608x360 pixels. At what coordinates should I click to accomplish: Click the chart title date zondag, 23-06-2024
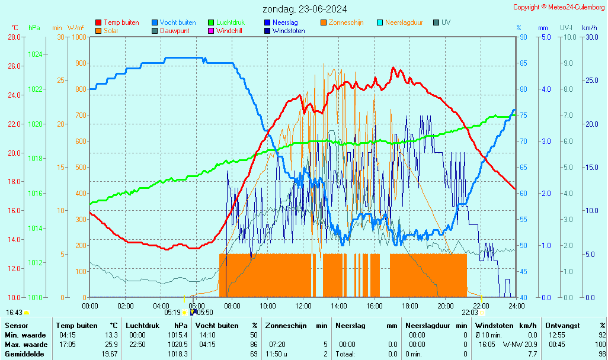click(x=305, y=9)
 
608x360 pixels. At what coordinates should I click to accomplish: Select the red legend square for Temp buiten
click(x=98, y=22)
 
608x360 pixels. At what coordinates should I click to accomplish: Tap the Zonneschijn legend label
click(x=345, y=22)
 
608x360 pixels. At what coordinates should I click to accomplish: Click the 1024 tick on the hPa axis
click(x=35, y=54)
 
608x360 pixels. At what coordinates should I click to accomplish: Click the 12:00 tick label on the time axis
click(x=303, y=306)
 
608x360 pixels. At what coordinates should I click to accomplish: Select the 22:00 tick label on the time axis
click(x=481, y=306)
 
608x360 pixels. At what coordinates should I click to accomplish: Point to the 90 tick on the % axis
click(x=523, y=37)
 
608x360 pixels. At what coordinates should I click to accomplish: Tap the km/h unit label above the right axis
click(x=589, y=28)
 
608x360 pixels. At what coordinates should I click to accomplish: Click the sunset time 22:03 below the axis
click(x=470, y=313)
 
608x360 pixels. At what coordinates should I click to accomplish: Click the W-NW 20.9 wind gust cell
click(x=520, y=345)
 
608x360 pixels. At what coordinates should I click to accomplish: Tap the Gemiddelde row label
click(x=24, y=354)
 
